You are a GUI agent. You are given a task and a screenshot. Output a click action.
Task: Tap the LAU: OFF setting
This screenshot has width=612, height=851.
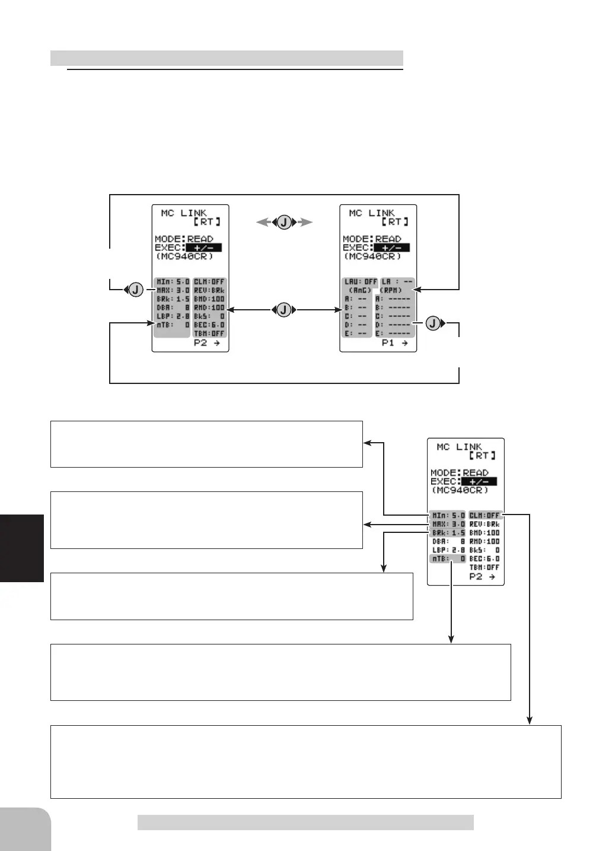360,282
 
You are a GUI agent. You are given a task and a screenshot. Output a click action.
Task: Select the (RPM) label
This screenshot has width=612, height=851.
391,290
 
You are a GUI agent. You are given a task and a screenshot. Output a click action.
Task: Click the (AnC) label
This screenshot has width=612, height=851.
360,290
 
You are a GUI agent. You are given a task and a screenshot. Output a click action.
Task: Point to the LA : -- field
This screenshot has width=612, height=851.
396,282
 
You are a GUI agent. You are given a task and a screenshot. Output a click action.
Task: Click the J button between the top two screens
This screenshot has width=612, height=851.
284,223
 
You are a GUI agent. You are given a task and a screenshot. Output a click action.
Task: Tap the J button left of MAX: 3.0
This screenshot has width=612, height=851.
136,290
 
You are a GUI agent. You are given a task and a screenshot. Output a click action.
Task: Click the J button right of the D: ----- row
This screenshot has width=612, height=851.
434,323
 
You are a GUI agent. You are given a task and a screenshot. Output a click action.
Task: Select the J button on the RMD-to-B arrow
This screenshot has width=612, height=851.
284,310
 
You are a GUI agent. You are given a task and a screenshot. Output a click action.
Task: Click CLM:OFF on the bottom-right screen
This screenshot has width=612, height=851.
485,515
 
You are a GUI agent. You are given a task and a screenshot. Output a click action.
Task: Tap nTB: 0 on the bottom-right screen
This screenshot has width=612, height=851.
448,559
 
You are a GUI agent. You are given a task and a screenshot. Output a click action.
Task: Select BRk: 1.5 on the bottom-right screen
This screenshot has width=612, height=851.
448,533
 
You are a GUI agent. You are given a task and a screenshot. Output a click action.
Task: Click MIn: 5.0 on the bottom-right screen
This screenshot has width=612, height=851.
448,515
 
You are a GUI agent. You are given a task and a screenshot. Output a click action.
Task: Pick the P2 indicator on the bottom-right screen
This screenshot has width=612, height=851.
482,577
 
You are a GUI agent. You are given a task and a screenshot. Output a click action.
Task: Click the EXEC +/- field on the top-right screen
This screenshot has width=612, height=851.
391,247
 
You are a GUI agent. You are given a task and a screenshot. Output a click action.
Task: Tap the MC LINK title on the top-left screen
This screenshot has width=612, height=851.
184,212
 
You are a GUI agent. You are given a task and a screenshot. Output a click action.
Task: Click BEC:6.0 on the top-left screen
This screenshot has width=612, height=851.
209,325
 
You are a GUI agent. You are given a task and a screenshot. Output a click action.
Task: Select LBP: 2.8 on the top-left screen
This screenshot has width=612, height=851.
172,316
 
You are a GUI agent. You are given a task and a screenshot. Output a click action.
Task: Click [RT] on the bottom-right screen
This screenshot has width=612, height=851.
482,455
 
